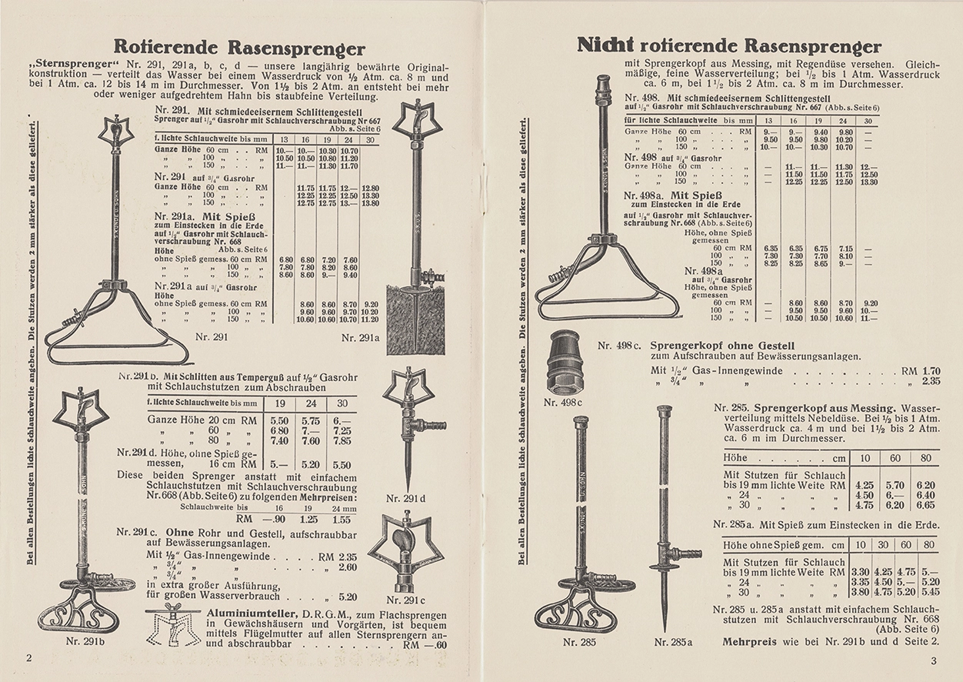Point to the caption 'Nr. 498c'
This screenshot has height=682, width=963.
click(x=564, y=402)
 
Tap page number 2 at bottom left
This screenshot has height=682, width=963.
click(x=29, y=658)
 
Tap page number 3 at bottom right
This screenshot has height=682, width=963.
click(x=933, y=660)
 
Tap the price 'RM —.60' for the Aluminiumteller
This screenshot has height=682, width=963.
click(x=425, y=646)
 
